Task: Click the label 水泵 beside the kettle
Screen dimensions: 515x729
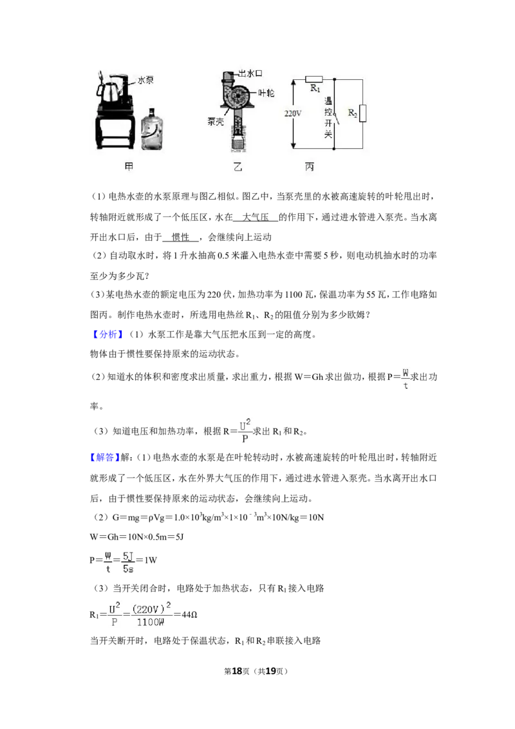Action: (x=145, y=80)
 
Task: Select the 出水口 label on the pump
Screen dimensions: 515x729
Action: (x=251, y=73)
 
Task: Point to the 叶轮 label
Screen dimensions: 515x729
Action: (x=267, y=93)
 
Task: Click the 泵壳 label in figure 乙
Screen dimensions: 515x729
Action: (x=215, y=122)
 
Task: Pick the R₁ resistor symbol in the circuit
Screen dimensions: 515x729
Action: (x=314, y=79)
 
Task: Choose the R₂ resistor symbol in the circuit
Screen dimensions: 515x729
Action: (x=362, y=113)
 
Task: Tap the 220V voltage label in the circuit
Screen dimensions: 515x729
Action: (x=293, y=113)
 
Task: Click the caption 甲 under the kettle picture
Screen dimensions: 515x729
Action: (x=129, y=166)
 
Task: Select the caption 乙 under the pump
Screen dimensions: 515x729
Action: (x=238, y=166)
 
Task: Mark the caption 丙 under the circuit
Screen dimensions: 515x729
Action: (x=310, y=166)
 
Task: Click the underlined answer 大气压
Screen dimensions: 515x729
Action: (x=256, y=216)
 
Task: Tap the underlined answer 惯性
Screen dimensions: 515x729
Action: (x=180, y=237)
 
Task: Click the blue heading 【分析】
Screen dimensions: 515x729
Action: (x=108, y=334)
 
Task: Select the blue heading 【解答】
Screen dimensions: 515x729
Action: (x=105, y=457)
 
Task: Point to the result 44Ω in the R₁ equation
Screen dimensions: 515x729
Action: (x=189, y=614)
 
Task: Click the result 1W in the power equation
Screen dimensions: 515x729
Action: (x=151, y=560)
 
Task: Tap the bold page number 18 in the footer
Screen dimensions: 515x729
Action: (x=237, y=671)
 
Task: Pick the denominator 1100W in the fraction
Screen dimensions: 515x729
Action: (x=150, y=622)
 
